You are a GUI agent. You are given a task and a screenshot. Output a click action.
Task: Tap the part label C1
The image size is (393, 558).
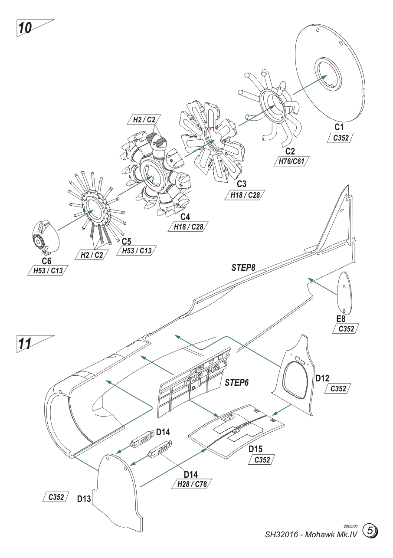(339, 127)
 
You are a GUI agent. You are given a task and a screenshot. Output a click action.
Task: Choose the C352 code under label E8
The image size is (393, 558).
(344, 329)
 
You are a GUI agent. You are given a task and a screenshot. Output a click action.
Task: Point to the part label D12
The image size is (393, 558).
(322, 378)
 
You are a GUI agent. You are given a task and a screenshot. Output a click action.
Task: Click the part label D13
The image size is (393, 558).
(84, 499)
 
